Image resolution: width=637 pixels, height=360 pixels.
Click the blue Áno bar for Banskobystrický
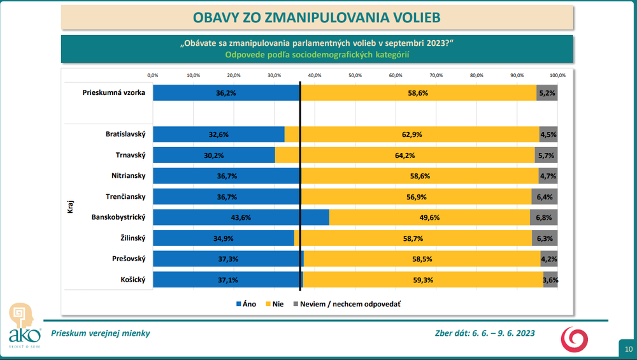click(x=241, y=217)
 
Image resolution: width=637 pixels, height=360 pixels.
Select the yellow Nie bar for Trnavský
click(x=406, y=155)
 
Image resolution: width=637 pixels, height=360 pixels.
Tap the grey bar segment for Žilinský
click(x=545, y=238)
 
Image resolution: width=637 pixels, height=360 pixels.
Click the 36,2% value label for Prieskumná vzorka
click(x=226, y=92)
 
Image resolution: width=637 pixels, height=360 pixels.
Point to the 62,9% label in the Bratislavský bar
click(x=412, y=134)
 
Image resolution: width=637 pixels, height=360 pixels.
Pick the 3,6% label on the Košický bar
click(x=550, y=280)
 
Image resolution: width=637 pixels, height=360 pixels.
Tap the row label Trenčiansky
click(x=125, y=197)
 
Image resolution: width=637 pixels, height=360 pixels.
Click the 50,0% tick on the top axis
click(x=355, y=75)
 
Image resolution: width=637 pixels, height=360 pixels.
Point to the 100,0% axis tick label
click(x=557, y=75)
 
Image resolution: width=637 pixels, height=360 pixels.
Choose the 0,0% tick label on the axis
click(x=153, y=75)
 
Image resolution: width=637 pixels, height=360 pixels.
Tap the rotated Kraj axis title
click(x=70, y=207)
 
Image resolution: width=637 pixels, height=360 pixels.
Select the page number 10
click(x=628, y=349)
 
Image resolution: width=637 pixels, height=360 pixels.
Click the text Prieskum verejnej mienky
click(x=101, y=333)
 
